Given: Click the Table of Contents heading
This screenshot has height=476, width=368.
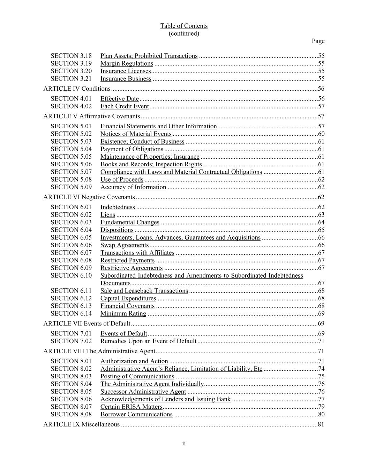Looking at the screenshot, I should tap(184, 26).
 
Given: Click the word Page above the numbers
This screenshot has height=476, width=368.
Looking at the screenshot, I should tap(318, 41).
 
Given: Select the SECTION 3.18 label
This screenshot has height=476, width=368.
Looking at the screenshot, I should tap(71, 56).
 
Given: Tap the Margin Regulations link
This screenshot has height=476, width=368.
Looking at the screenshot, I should tap(127, 63).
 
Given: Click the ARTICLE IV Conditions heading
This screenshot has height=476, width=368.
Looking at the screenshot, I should tap(77, 89).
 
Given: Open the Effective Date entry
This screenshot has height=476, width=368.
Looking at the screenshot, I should tap(120, 99).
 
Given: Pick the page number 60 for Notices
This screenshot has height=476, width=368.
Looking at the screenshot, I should tap(321, 134).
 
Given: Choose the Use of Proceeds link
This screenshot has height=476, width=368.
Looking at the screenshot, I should tap(122, 180).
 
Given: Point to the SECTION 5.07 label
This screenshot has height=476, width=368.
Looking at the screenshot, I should tap(71, 172).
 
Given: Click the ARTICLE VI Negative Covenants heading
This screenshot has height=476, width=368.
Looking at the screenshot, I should tap(89, 197).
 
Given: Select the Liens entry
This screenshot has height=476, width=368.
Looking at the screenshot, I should tap(107, 215).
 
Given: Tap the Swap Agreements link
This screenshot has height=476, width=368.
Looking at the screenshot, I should tap(125, 245).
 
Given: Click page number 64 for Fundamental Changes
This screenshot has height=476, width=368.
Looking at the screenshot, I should tap(321, 222).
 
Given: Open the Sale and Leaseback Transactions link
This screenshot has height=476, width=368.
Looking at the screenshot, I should tap(144, 291).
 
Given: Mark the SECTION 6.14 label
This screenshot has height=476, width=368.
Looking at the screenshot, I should tap(71, 313).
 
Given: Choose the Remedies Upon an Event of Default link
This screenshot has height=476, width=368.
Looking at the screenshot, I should tap(148, 341).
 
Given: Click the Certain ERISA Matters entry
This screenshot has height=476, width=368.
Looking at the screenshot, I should tap(132, 407).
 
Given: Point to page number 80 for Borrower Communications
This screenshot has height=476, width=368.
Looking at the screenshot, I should tap(321, 414).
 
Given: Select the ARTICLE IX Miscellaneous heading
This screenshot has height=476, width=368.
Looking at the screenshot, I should tap(81, 424).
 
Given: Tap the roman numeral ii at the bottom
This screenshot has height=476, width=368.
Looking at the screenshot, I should tap(184, 444).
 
